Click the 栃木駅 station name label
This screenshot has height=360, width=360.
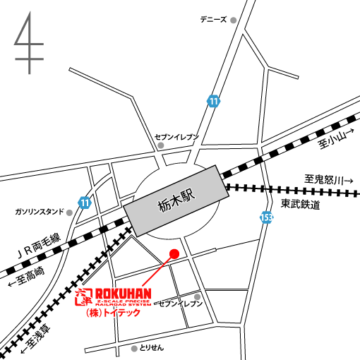click(175, 200)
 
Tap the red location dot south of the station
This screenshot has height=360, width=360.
click(175, 253)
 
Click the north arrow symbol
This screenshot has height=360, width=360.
click(29, 44)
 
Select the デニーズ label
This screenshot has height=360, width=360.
click(213, 20)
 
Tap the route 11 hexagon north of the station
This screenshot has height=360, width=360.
click(213, 101)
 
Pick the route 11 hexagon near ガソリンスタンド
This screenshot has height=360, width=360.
click(85, 203)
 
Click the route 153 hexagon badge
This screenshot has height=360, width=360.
click(265, 218)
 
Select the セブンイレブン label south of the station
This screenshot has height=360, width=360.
click(180, 304)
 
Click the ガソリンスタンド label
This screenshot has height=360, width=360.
click(40, 211)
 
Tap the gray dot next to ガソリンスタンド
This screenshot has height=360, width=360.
click(69, 211)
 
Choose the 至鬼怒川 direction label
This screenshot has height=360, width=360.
click(328, 180)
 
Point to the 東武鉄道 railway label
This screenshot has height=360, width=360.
click(300, 205)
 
